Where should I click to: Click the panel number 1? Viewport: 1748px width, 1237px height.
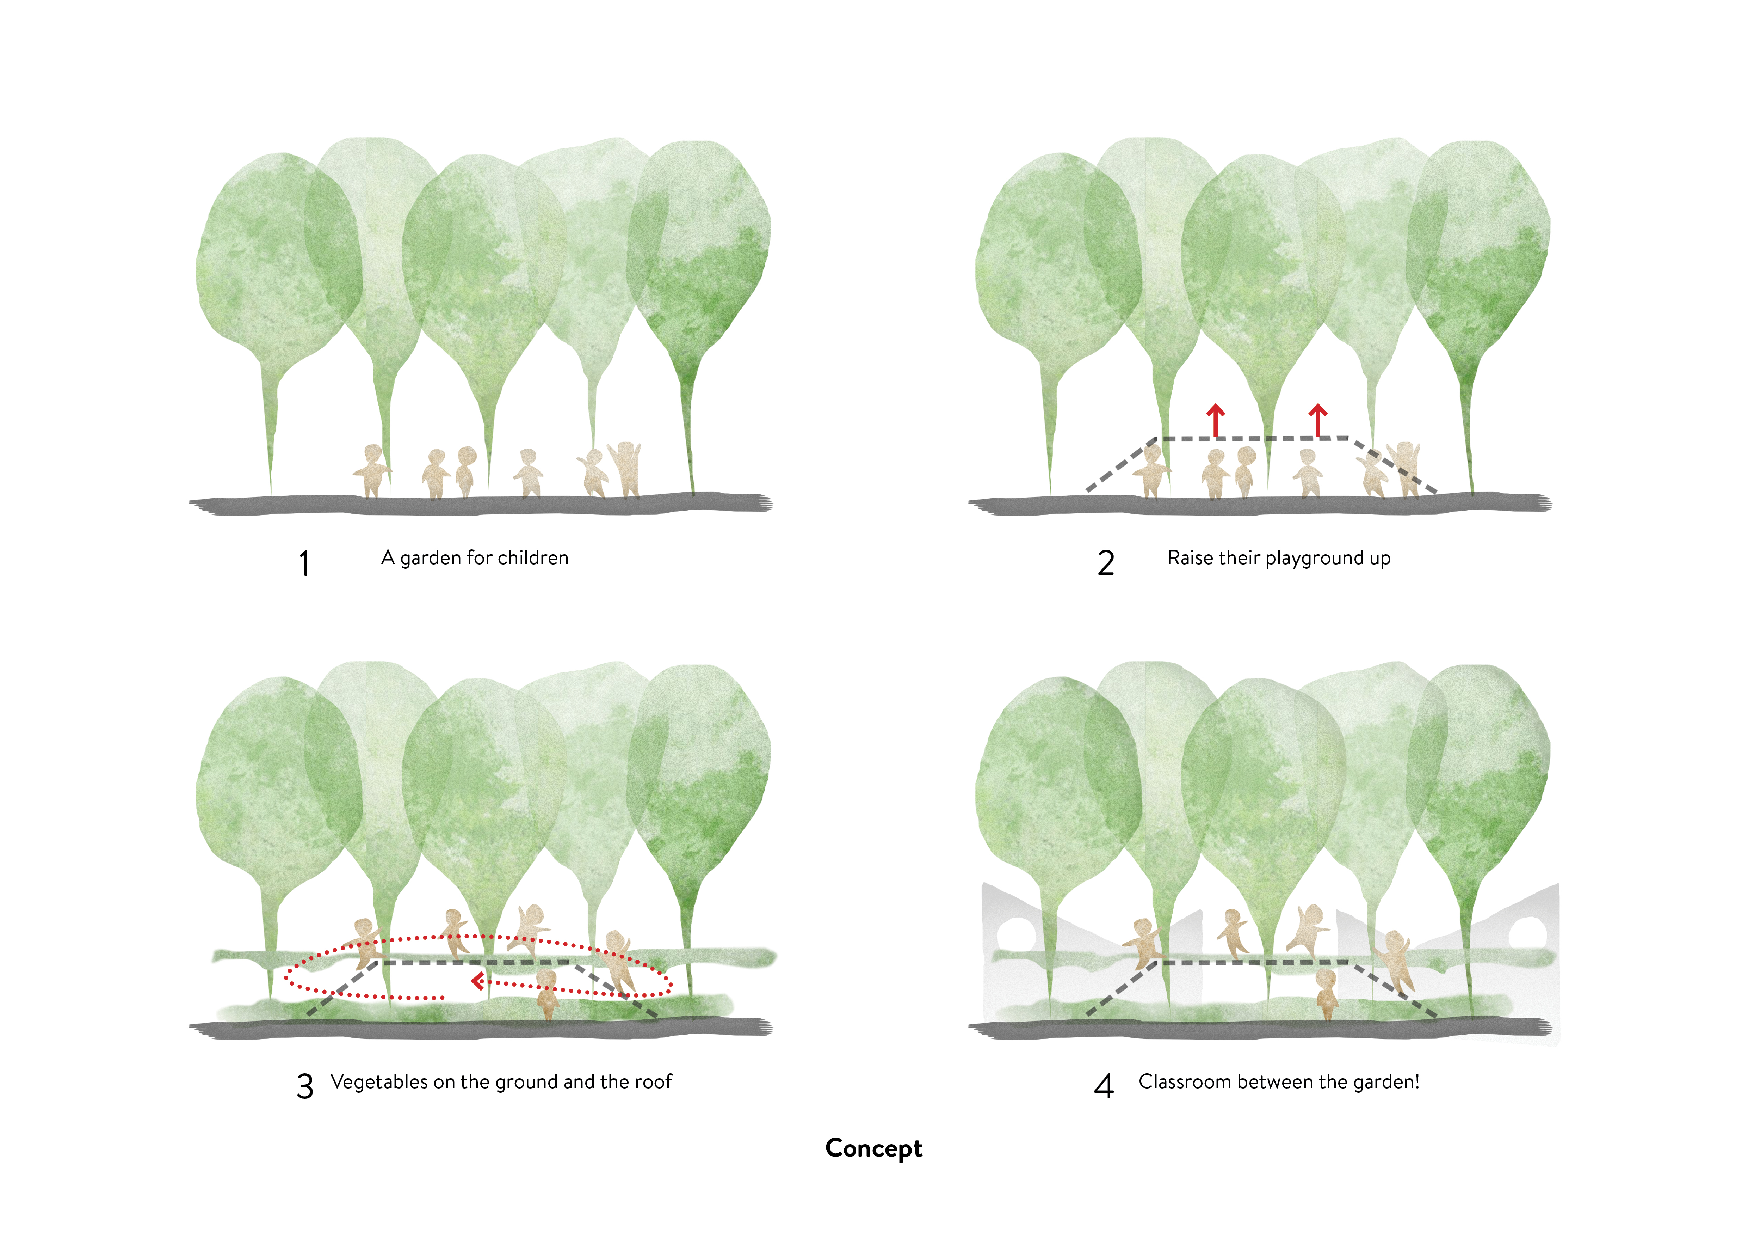coord(304,563)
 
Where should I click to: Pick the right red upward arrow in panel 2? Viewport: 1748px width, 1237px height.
coord(1318,419)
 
